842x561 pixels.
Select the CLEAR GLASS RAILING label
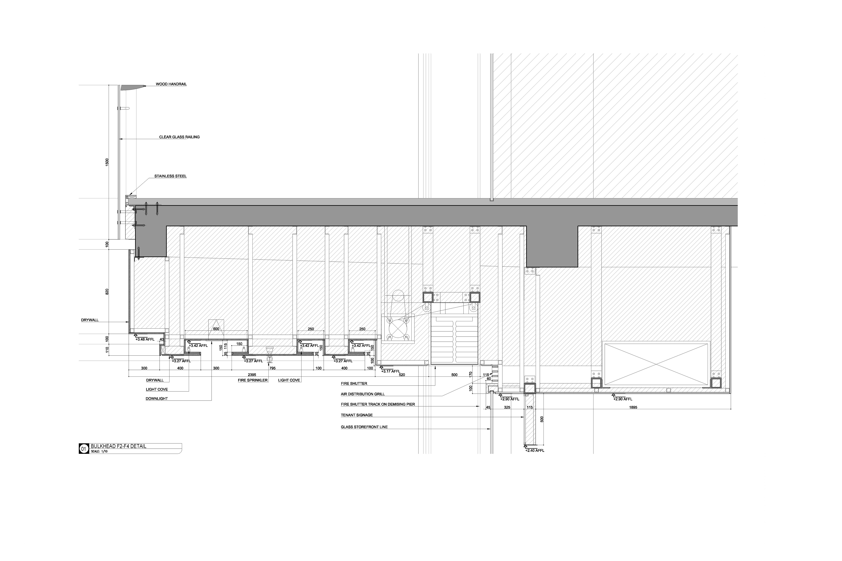pos(179,137)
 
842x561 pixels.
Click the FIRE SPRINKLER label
pos(253,380)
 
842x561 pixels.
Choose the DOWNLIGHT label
pos(156,398)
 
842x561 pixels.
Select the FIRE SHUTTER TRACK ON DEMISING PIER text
pos(378,404)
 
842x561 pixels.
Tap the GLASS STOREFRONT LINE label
pos(364,427)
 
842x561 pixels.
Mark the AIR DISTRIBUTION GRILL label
pos(363,394)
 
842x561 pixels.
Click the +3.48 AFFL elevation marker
pos(145,339)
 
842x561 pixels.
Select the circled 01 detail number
pos(83,449)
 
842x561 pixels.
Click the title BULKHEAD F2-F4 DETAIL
pos(118,446)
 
